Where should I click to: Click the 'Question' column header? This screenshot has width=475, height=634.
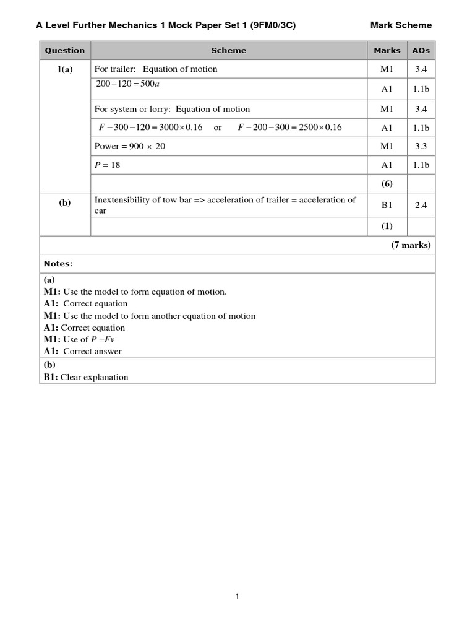coord(65,51)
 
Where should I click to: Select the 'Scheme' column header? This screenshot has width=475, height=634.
coord(228,51)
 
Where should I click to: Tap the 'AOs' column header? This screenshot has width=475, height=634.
coord(421,51)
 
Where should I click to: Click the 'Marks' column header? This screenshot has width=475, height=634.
coord(387,51)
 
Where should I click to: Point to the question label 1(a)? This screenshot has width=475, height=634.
coord(65,70)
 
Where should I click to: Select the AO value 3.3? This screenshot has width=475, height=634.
coord(421,146)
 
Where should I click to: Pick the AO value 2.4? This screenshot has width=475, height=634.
coord(421,205)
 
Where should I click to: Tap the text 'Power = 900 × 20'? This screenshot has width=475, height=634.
coord(130,146)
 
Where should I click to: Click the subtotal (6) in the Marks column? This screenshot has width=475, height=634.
coord(387,184)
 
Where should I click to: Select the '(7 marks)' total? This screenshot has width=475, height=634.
coord(410,245)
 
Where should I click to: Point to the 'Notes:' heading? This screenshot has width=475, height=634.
coord(58,264)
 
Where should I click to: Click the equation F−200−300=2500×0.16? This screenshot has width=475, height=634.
coord(289,128)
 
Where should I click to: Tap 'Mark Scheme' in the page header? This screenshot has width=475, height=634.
coord(401,25)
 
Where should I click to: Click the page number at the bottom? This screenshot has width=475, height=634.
coord(237,596)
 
